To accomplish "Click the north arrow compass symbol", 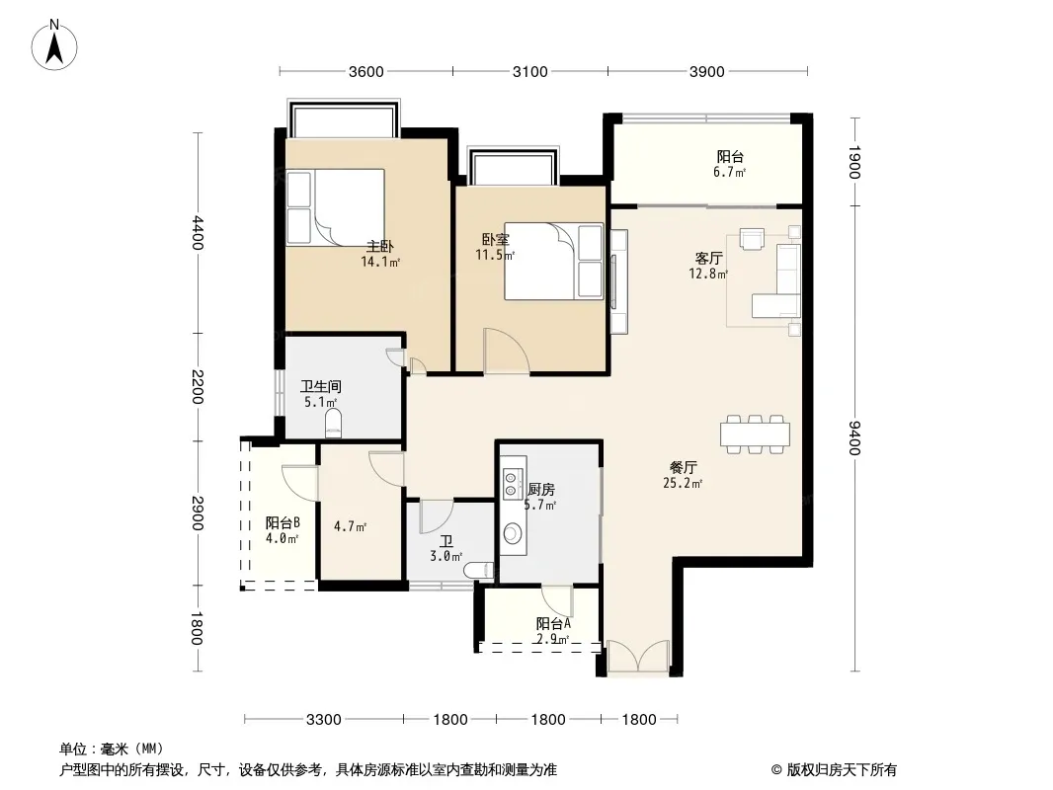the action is tap(54, 45).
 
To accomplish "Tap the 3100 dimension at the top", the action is tap(529, 71).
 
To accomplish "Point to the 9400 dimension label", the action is tap(854, 437).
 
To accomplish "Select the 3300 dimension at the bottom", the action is tap(324, 720).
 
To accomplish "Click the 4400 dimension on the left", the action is tap(197, 232).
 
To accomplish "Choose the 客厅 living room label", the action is tap(708, 259).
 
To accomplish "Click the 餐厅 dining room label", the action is tap(683, 467).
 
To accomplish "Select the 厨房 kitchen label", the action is tap(541, 489).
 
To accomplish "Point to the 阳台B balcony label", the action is tap(283, 522).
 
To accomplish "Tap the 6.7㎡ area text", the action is tap(729, 173).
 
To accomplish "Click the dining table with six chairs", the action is tap(755, 434).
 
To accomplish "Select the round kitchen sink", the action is tap(513, 534).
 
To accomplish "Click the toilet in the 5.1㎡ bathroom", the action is tap(333, 425).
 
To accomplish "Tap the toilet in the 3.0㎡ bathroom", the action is tap(479, 570).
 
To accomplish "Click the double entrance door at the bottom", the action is tap(638, 656).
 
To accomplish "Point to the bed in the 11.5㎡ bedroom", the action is tap(554, 261).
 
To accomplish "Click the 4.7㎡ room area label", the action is tap(350, 527).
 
